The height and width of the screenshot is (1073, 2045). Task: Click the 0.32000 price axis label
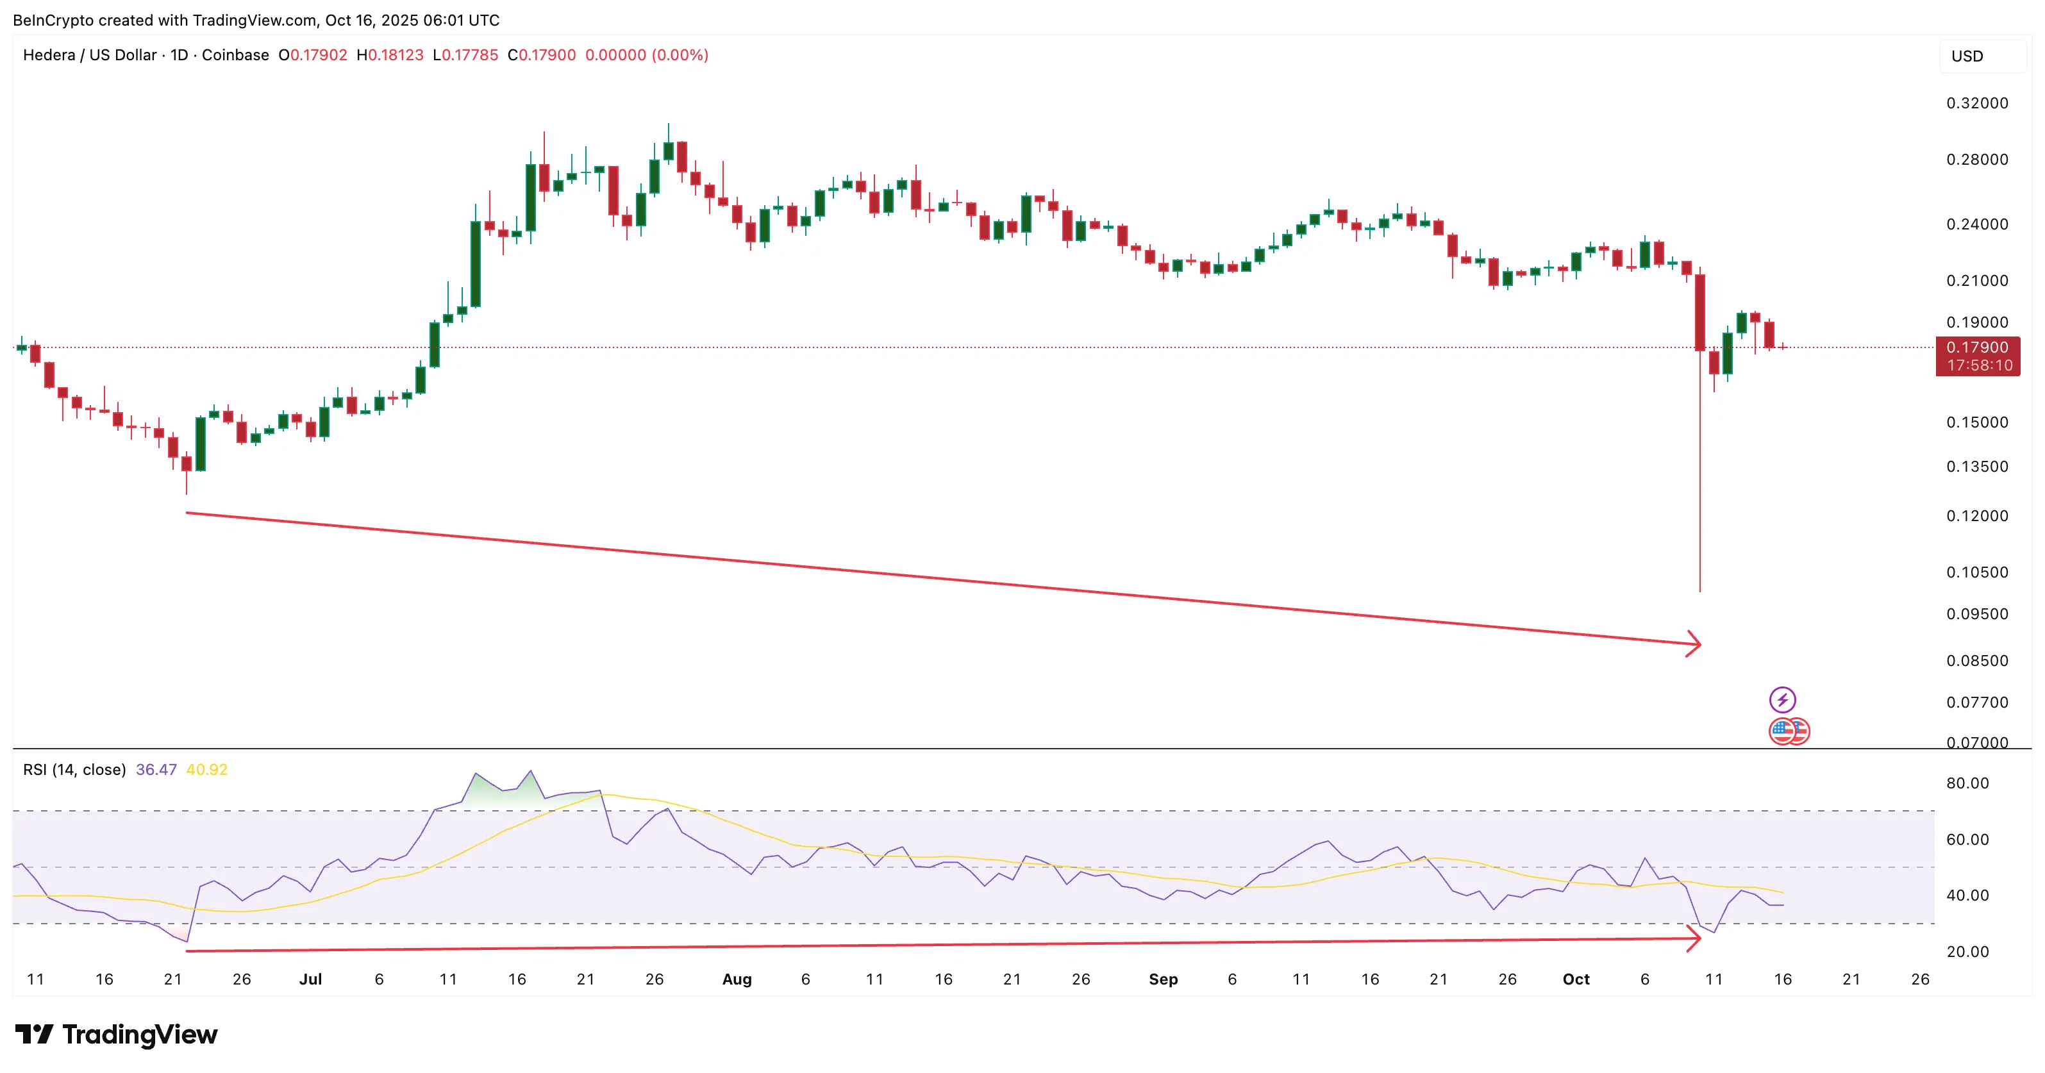pyautogui.click(x=1977, y=103)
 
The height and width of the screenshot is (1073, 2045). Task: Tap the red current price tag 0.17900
pyautogui.click(x=1978, y=347)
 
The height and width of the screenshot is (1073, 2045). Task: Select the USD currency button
pyautogui.click(x=1967, y=56)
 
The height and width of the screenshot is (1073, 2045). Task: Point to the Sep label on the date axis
pyautogui.click(x=1163, y=979)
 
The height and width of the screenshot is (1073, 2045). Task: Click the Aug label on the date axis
pyautogui.click(x=737, y=979)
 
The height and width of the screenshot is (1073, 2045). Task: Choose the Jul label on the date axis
pyautogui.click(x=310, y=979)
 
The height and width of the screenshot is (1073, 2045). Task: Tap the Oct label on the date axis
pyautogui.click(x=1576, y=979)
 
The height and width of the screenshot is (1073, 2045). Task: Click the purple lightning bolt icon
pyautogui.click(x=1782, y=699)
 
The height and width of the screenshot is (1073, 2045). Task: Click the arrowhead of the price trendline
pyautogui.click(x=1694, y=644)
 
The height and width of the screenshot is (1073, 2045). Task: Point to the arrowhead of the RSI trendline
pyautogui.click(x=1694, y=939)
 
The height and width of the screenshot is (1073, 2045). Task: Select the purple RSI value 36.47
pyautogui.click(x=156, y=770)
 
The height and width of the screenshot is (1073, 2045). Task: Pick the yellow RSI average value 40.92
pyautogui.click(x=206, y=770)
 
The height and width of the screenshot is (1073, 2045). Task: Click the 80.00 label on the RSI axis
pyautogui.click(x=1967, y=783)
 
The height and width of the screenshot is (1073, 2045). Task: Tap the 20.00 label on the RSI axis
pyautogui.click(x=1967, y=952)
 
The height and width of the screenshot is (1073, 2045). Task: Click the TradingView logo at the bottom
pyautogui.click(x=117, y=1035)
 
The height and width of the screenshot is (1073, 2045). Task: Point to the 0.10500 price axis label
pyautogui.click(x=1977, y=572)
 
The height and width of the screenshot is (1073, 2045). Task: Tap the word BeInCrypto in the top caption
pyautogui.click(x=54, y=20)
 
